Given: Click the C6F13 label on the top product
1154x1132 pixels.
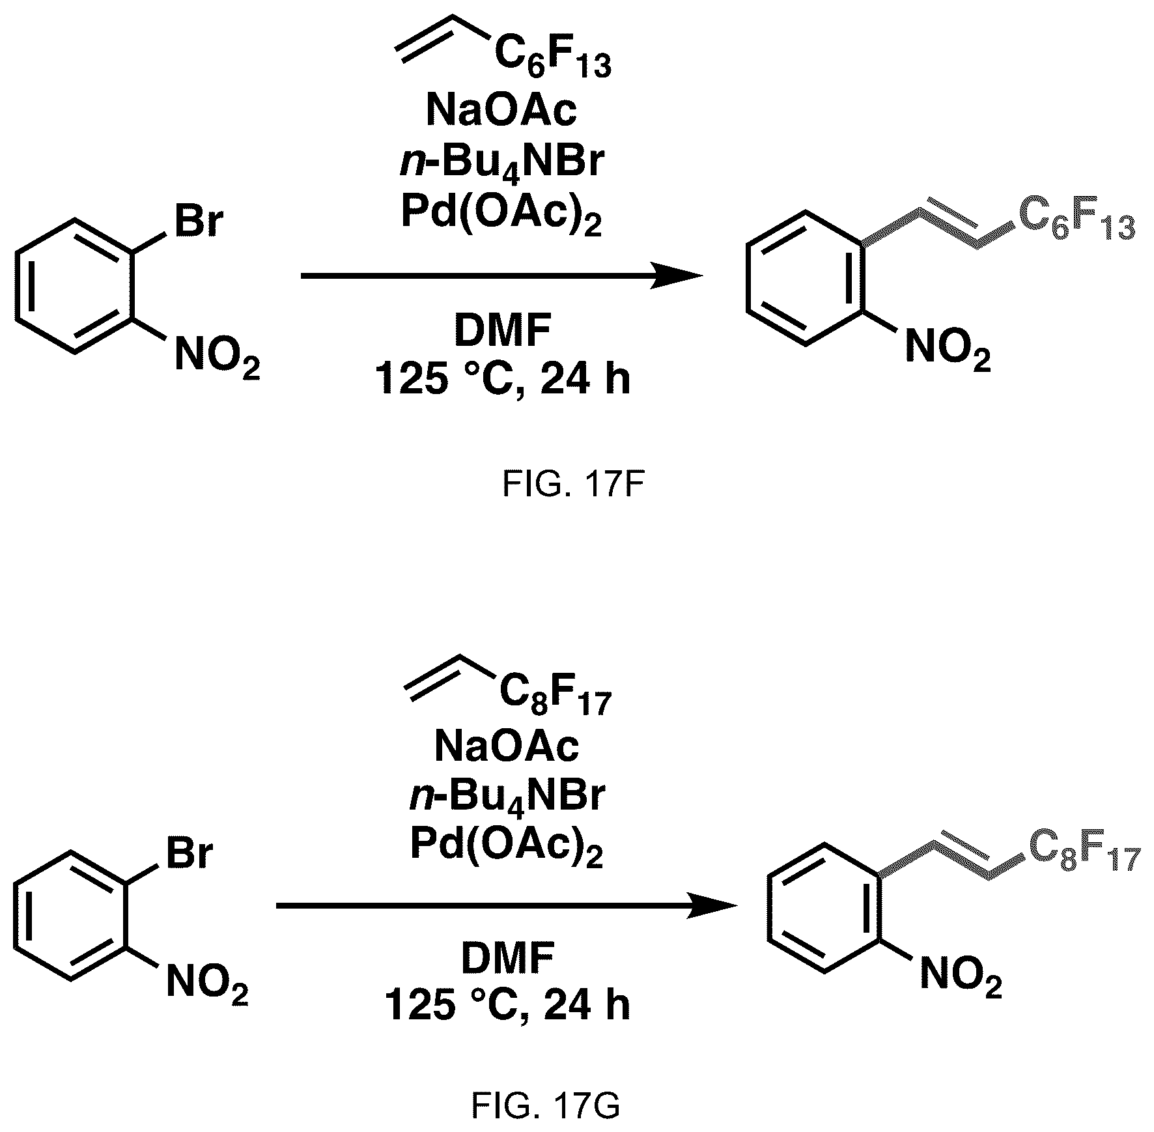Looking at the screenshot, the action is (x=1077, y=225).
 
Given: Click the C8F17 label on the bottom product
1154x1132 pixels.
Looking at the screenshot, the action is (x=1084, y=855).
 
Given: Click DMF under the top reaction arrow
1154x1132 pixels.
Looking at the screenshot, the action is (x=502, y=332).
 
